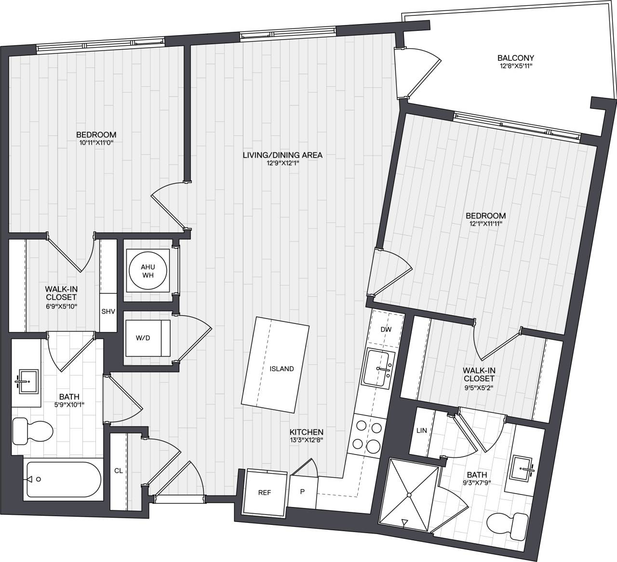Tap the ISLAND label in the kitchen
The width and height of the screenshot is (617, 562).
(282, 369)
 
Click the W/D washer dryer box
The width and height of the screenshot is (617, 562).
(143, 338)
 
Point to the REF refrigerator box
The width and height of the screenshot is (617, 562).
(264, 493)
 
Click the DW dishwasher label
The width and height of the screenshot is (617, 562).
(386, 330)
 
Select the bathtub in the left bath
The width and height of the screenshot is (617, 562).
(63, 479)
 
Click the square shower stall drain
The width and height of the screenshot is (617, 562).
(408, 495)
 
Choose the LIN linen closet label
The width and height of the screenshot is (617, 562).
(421, 430)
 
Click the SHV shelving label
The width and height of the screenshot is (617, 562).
(108, 311)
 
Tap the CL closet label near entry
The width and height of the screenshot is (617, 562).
(118, 470)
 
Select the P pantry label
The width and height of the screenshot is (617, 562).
(303, 492)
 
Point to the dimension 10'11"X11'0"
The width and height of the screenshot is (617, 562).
(96, 142)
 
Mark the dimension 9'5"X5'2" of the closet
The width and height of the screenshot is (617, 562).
(479, 387)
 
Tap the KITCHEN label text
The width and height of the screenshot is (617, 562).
(306, 432)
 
